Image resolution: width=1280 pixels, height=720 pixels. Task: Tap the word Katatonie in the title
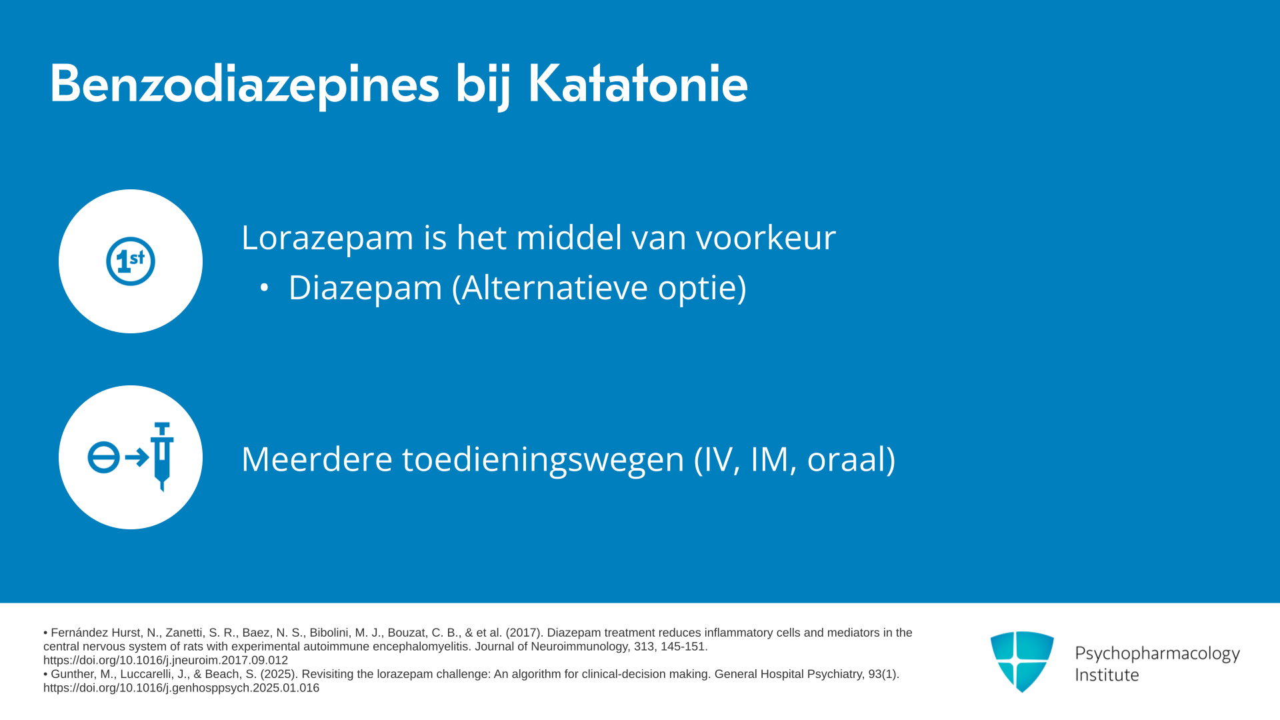[638, 83]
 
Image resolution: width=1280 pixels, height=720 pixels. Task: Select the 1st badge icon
[131, 261]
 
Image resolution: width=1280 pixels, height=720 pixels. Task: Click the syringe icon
[162, 457]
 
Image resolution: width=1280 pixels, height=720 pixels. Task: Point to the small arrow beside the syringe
[137, 457]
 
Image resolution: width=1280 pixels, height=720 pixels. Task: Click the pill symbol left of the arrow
[103, 458]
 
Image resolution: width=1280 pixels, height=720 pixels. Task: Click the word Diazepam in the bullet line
[365, 288]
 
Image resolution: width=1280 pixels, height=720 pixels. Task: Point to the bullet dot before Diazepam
[264, 288]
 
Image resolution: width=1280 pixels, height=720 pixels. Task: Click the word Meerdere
[317, 459]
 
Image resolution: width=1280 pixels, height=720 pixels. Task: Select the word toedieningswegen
[543, 459]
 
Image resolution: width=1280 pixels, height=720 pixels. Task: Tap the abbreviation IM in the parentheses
[773, 459]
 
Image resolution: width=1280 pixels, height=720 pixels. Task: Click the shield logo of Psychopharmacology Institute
[1022, 661]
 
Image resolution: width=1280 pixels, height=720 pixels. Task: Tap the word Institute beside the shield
[1107, 675]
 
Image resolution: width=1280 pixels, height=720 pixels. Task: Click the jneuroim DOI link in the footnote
[165, 661]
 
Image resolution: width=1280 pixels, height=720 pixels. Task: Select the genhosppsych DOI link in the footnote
[181, 688]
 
